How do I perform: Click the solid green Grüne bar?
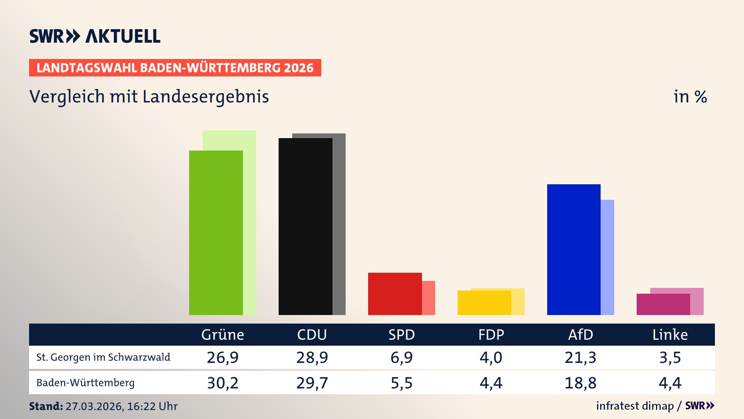pyautogui.click(x=216, y=233)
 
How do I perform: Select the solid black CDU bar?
pyautogui.click(x=305, y=227)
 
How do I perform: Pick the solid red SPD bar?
pyautogui.click(x=395, y=294)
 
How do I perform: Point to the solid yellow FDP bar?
pyautogui.click(x=484, y=303)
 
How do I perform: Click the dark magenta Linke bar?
pyautogui.click(x=663, y=305)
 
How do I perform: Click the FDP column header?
pyautogui.click(x=491, y=335)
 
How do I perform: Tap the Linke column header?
pyautogui.click(x=670, y=335)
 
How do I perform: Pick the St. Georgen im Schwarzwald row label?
pyautogui.click(x=103, y=357)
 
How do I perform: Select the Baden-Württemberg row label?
pyautogui.click(x=86, y=383)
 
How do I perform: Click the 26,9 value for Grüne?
pyautogui.click(x=222, y=357)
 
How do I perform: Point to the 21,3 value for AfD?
pyautogui.click(x=580, y=357)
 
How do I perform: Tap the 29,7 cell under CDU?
pyautogui.click(x=312, y=383)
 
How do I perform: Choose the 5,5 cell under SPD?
pyautogui.click(x=401, y=383)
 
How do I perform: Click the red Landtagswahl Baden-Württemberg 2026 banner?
pyautogui.click(x=175, y=68)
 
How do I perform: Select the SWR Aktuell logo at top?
pyautogui.click(x=95, y=36)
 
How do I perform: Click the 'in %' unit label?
pyautogui.click(x=690, y=97)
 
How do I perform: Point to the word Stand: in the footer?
pyautogui.click(x=46, y=406)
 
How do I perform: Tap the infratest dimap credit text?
pyautogui.click(x=635, y=406)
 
